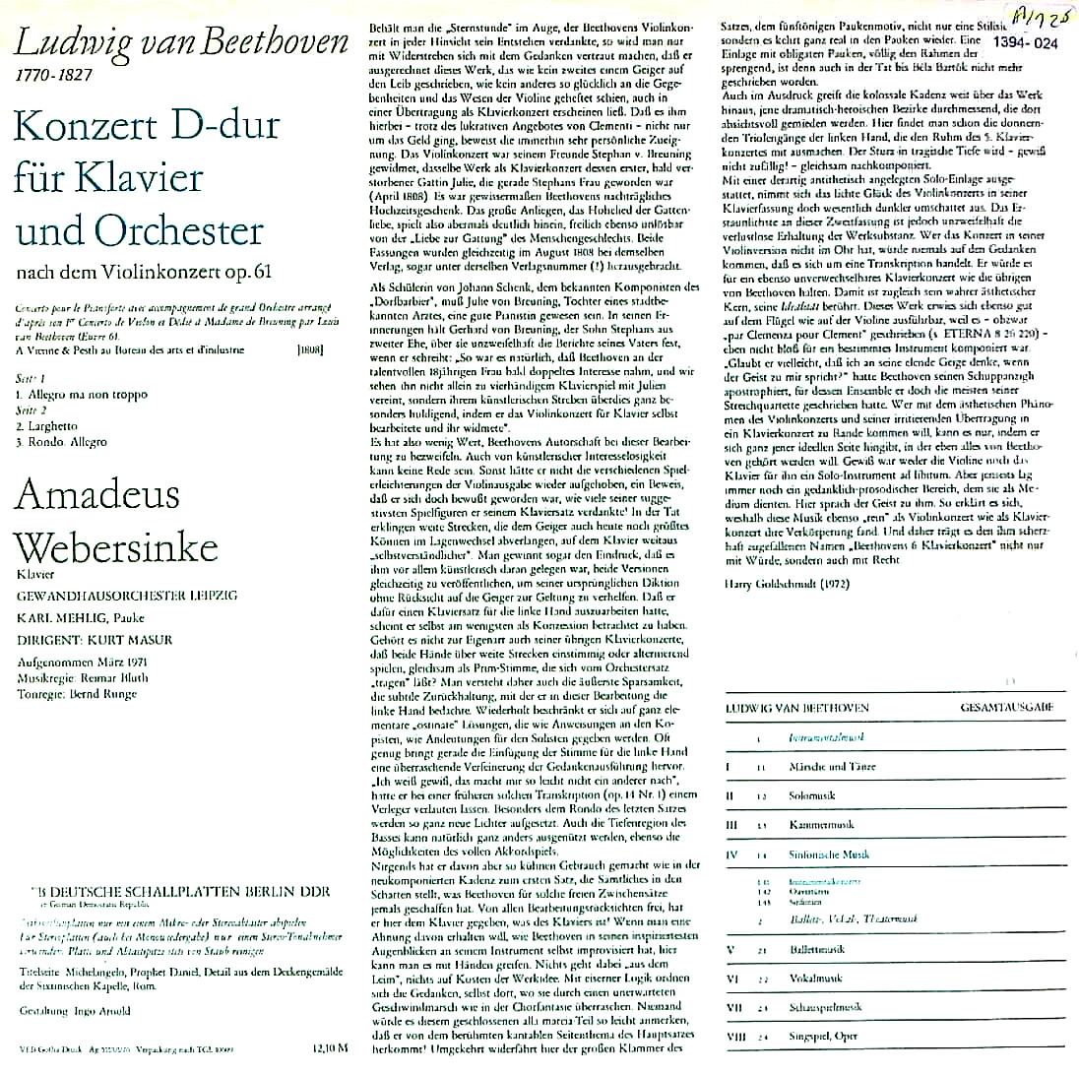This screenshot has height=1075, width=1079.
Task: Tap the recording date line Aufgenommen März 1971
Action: [84, 663]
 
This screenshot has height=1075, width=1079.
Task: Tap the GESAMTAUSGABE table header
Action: [1012, 707]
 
